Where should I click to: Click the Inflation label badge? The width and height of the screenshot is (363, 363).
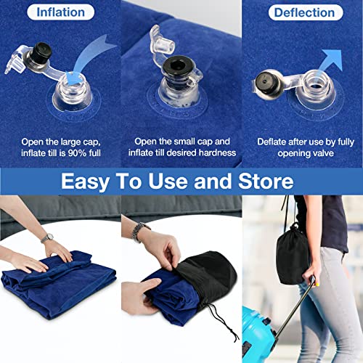[x=60, y=13]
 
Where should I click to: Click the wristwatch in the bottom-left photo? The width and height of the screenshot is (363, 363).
[x=48, y=237]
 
